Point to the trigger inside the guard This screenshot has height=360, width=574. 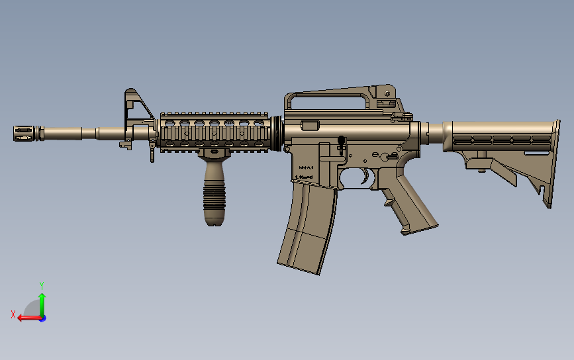point(364,177)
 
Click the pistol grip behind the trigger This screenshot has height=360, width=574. point(411,204)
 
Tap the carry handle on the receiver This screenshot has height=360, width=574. point(328,100)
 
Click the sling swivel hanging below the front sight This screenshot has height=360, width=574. point(152,154)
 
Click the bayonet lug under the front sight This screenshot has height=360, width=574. point(123,144)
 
